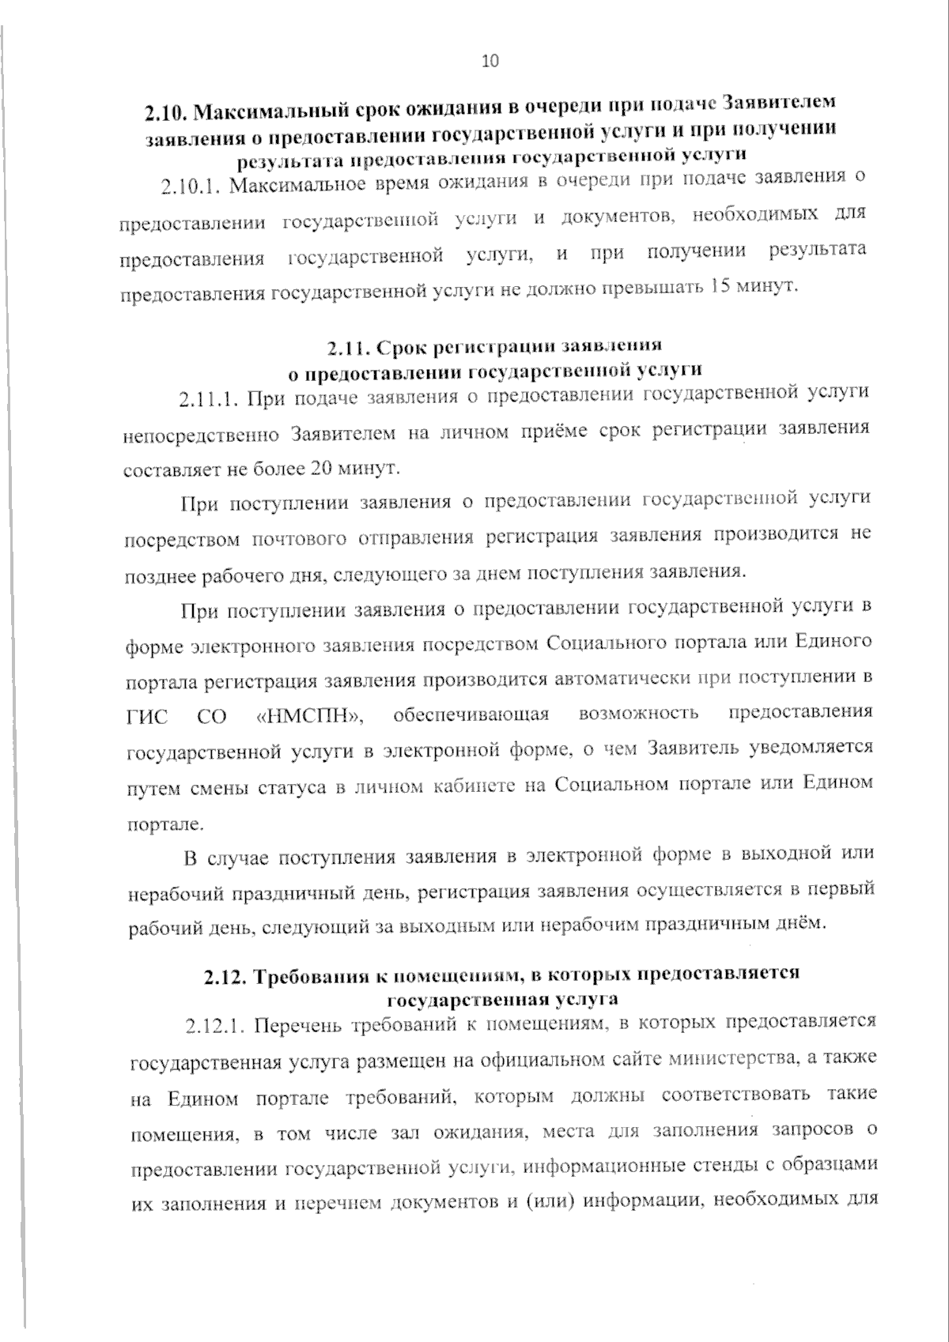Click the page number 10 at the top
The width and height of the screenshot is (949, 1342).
click(x=490, y=62)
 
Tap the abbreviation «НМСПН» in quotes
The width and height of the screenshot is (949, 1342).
click(x=310, y=717)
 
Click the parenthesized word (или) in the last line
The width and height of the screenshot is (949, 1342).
click(x=544, y=1203)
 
